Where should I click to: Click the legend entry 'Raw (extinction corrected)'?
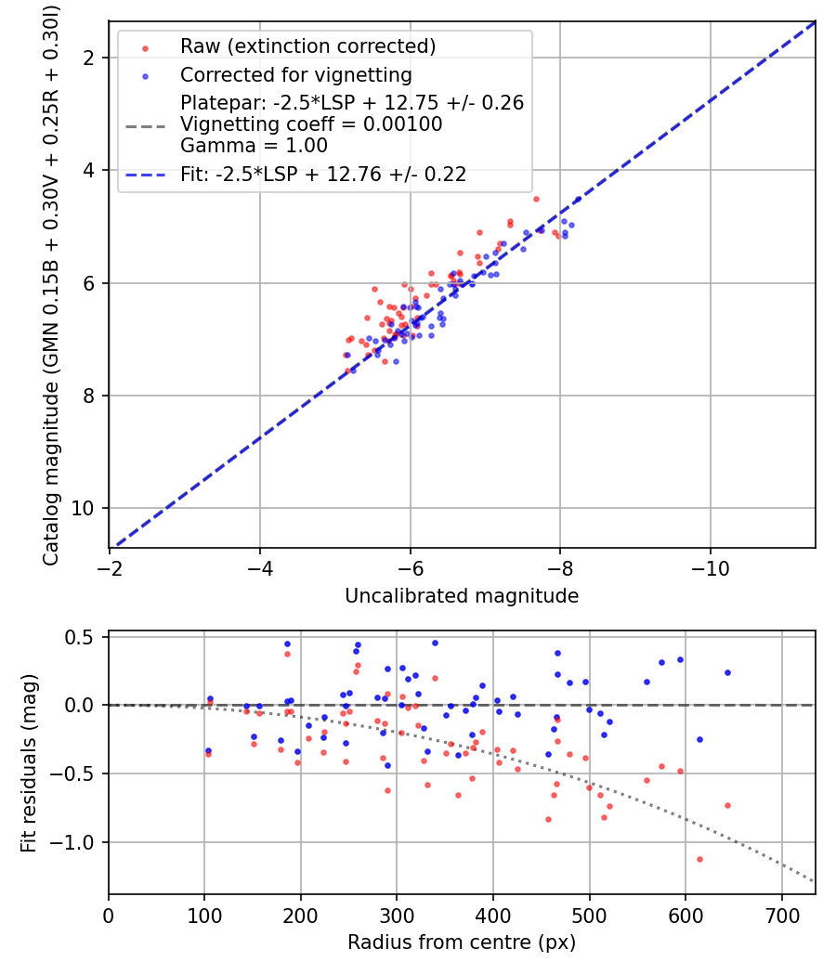[307, 46]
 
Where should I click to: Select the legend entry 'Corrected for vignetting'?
[295, 74]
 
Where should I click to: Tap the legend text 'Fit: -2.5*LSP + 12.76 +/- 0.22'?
[323, 174]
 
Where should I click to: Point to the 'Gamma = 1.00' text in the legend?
[254, 146]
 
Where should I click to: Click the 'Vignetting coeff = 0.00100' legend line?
[311, 124]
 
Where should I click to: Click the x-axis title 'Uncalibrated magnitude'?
[462, 596]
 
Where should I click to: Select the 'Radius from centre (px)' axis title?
[462, 942]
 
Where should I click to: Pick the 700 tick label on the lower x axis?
[781, 914]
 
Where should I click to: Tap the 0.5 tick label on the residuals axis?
[84, 637]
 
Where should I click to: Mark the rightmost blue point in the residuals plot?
[727, 672]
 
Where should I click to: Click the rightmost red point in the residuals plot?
[727, 805]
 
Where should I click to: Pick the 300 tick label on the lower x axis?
[397, 914]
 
